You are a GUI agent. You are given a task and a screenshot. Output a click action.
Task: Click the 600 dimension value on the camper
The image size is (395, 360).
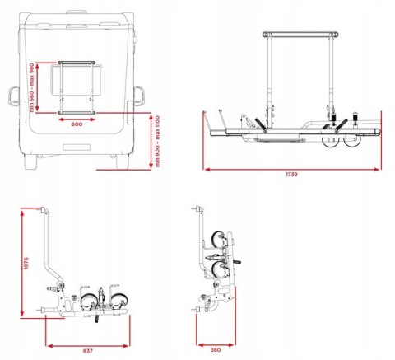pyautogui.click(x=76, y=124)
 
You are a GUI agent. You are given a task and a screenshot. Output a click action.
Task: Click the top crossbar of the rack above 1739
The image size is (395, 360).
pyautogui.click(x=300, y=35)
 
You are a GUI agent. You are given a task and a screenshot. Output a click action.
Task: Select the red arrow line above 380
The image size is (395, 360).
pyautogui.click(x=216, y=342)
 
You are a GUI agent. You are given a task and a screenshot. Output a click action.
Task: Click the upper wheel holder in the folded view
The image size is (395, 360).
pyautogui.click(x=218, y=240)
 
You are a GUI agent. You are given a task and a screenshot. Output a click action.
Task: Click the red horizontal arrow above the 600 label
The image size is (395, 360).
pyautogui.click(x=77, y=116)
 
